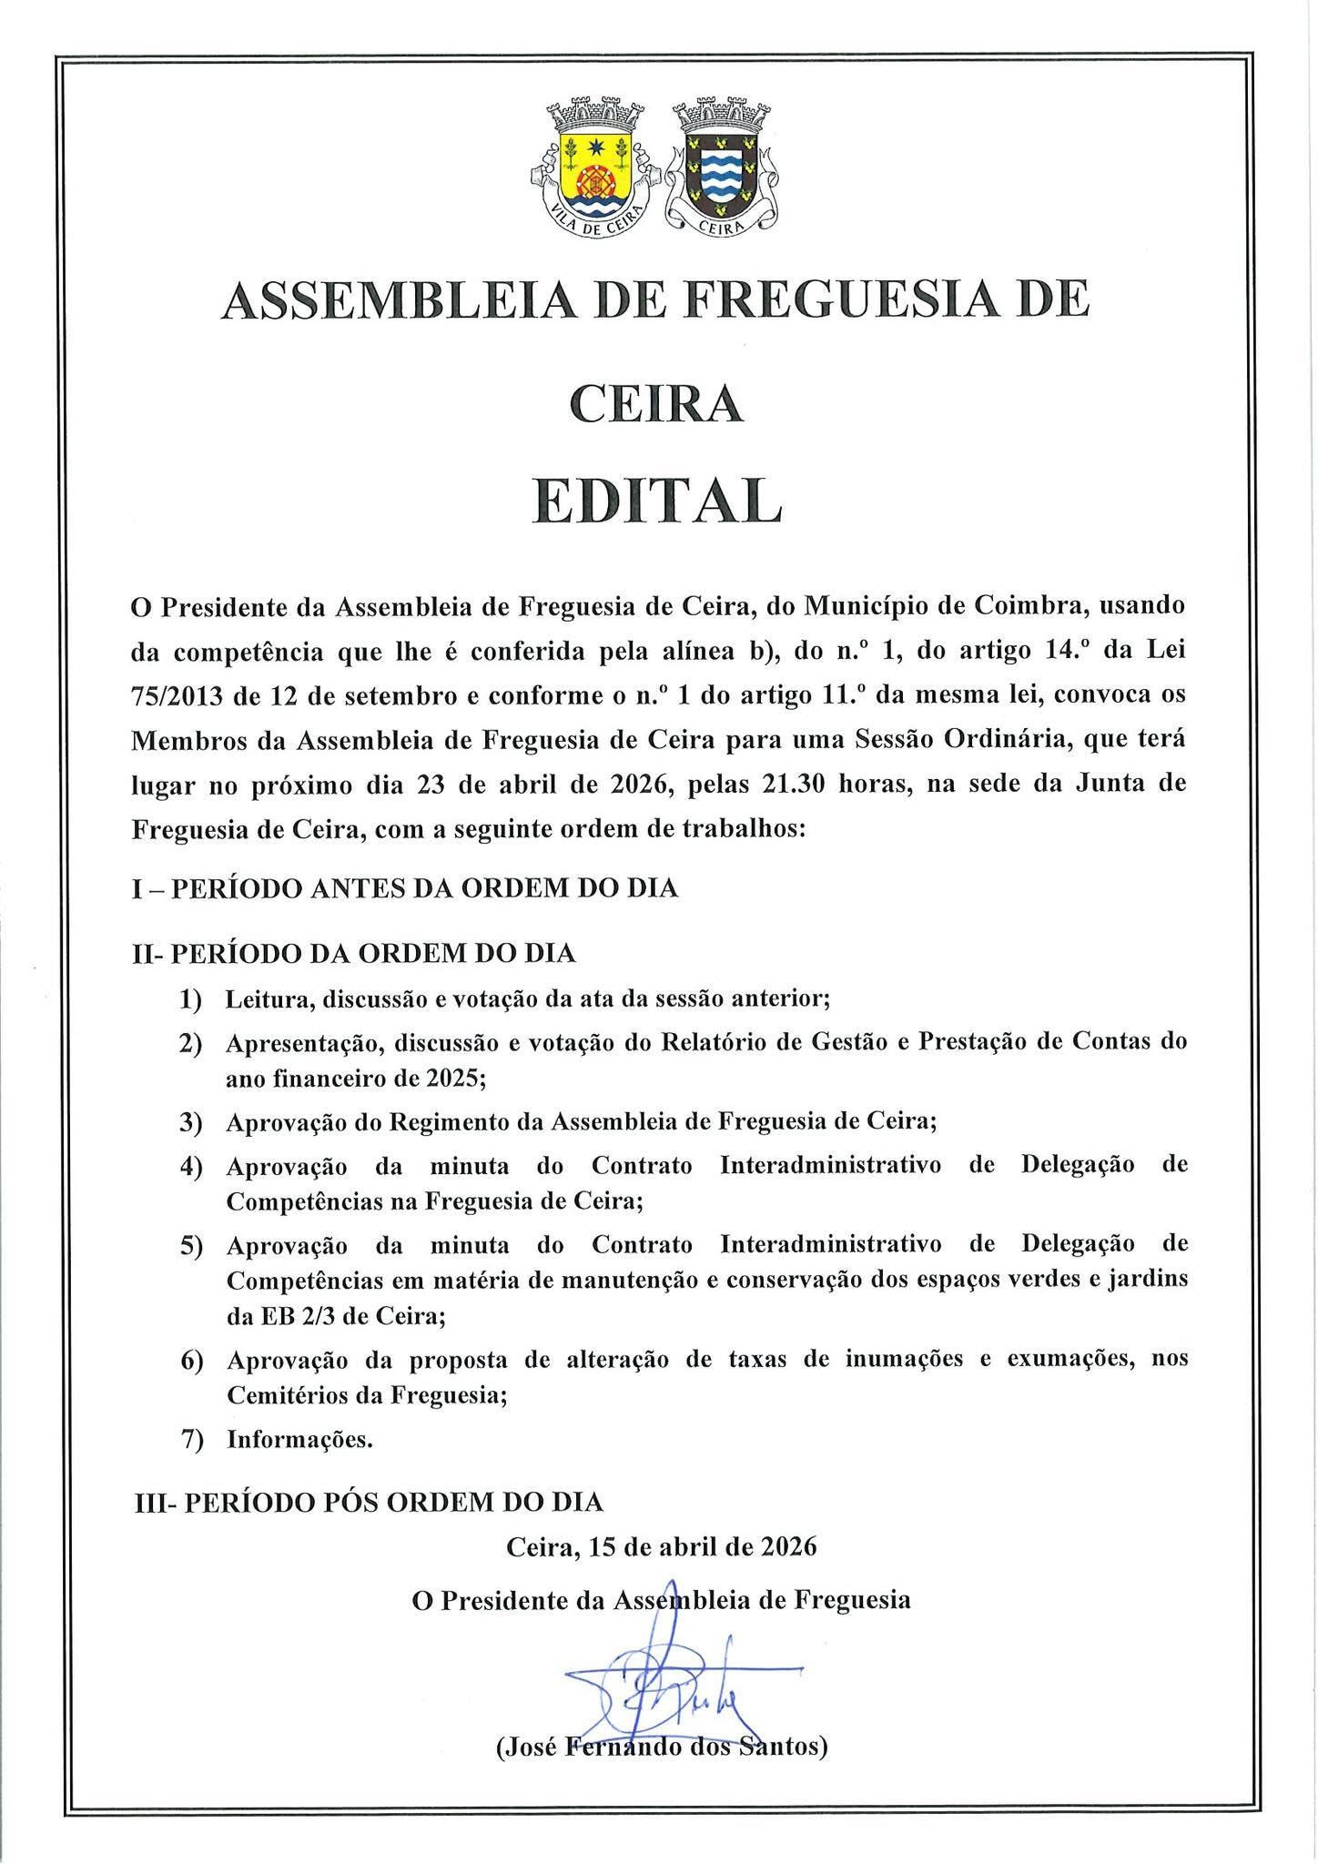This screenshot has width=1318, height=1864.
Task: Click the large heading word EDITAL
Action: point(657,501)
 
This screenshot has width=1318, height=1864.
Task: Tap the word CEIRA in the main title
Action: point(657,404)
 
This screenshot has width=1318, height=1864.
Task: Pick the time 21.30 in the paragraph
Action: point(793,784)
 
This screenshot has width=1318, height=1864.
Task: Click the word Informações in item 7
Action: point(299,1441)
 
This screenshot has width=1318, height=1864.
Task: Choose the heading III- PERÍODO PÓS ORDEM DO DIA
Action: point(369,1502)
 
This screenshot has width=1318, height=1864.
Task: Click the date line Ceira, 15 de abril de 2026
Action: point(662,1547)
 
